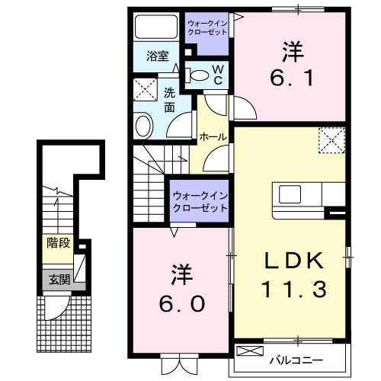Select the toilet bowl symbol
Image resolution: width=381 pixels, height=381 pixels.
tap(198, 75)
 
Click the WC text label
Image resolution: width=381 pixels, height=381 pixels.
tap(217, 75)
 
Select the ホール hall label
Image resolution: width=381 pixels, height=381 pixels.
tap(211, 136)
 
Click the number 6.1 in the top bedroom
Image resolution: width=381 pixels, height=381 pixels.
tap(291, 77)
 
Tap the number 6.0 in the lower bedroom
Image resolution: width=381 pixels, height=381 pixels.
tap(181, 303)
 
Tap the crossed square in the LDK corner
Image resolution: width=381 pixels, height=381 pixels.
tap(331, 140)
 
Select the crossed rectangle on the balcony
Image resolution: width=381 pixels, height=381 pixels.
tap(249, 351)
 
